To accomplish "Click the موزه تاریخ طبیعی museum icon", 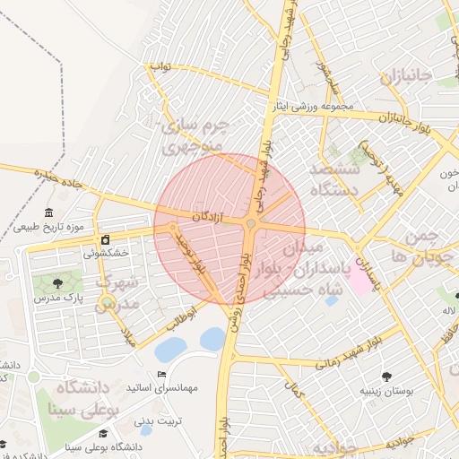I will coord(48,212).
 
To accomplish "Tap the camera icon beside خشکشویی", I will coord(106,240).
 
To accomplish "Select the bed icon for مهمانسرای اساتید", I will coord(161,374).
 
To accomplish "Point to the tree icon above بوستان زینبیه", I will coord(386,377).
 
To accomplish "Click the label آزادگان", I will coord(208,216).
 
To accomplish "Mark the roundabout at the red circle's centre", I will coord(251,223).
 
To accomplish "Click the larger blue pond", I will coord(169,349).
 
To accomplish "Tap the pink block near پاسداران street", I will coord(358,279).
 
